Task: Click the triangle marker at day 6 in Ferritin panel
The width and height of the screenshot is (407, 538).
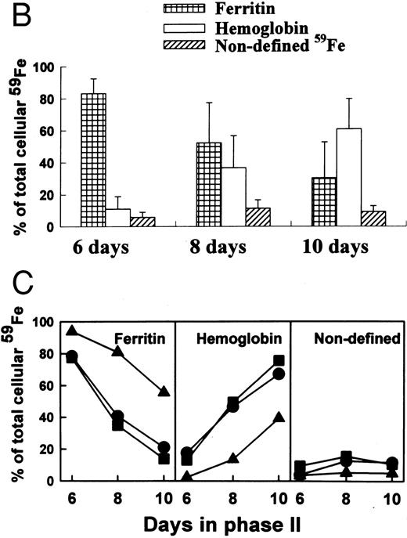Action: pos(73,330)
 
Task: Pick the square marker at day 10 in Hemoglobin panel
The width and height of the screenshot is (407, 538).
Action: pos(279,360)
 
